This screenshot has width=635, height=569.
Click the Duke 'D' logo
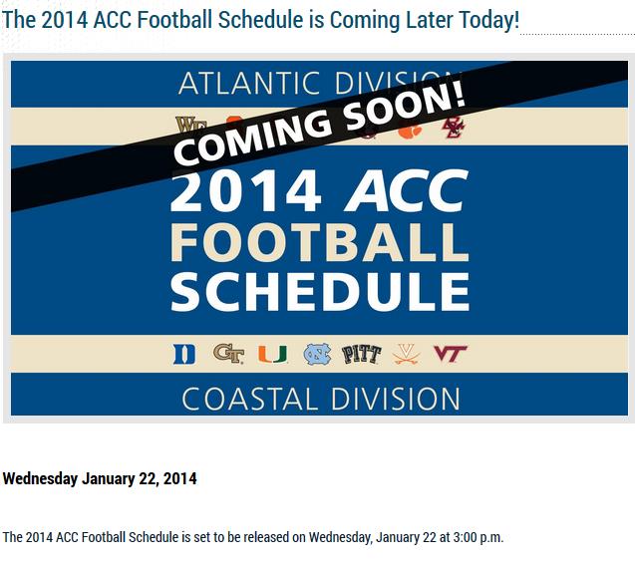[184, 355]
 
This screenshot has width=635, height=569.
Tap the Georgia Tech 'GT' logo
[229, 354]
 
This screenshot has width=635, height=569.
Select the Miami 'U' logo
[273, 354]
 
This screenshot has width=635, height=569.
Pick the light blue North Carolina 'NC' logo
[317, 354]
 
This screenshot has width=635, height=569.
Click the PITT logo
[362, 355]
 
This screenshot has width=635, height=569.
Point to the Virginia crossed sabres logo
[406, 354]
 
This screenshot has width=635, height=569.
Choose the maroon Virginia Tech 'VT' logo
[451, 354]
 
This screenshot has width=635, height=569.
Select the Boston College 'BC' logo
[454, 128]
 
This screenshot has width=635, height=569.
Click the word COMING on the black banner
[252, 138]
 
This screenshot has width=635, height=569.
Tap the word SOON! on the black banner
[405, 104]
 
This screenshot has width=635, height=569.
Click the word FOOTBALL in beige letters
[320, 242]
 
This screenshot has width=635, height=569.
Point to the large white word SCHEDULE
[320, 291]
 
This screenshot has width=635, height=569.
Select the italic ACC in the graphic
[407, 190]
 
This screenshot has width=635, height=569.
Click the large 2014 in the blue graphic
[246, 190]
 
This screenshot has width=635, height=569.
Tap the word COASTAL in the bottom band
[250, 399]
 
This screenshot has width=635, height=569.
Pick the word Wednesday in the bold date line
[40, 478]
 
